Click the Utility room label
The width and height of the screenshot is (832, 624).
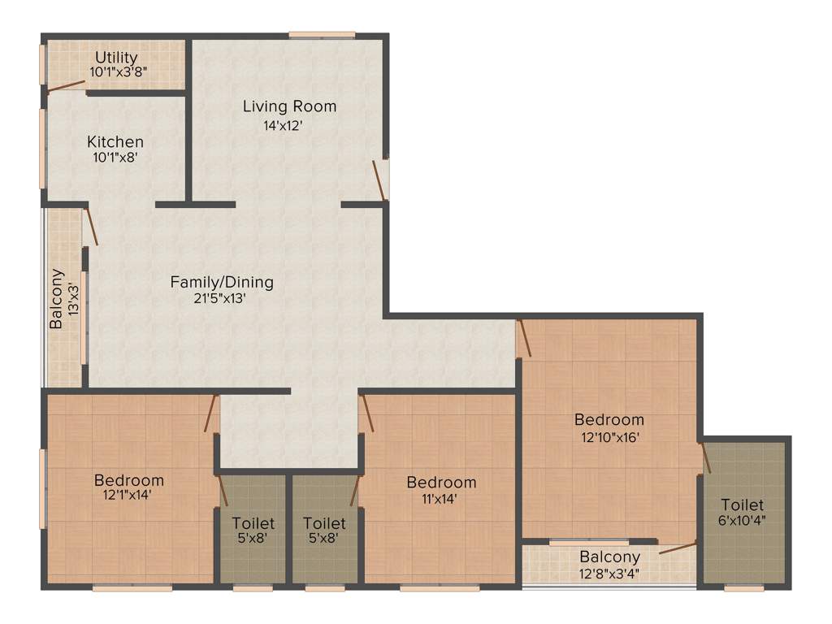116,58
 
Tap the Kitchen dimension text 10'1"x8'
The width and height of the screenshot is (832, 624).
115,158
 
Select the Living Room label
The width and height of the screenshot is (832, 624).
289,106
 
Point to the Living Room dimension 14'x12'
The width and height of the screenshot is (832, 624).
283,125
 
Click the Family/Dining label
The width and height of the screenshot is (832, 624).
222,282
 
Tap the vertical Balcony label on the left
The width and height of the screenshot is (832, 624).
56,298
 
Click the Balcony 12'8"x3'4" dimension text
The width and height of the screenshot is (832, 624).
609,573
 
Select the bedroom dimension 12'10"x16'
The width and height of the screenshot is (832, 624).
609,437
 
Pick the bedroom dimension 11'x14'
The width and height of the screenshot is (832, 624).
441,498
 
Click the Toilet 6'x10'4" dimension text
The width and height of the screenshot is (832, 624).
742,521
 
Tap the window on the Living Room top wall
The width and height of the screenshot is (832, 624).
322,35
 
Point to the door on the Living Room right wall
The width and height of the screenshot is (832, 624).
379,180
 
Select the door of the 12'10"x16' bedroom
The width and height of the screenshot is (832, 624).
524,338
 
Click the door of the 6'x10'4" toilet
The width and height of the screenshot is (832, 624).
705,457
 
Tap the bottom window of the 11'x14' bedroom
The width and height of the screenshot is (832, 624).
440,587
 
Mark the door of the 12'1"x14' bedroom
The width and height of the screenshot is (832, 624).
211,414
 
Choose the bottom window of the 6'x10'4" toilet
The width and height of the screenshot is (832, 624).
743,587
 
